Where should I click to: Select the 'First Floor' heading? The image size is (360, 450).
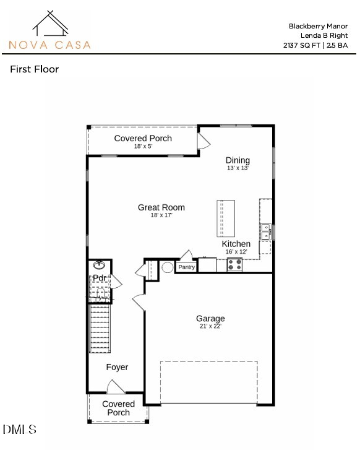[35, 69]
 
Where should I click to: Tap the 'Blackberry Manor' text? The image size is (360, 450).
[318, 26]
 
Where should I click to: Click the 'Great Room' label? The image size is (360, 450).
[161, 208]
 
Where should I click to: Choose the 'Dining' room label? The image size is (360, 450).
[238, 160]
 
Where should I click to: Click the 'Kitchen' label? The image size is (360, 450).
[236, 244]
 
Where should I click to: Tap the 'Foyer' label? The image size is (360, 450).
[117, 367]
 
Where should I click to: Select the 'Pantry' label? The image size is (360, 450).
[186, 267]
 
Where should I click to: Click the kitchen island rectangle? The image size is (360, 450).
[226, 218]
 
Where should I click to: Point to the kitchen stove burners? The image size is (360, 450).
[235, 264]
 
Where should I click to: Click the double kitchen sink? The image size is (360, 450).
[266, 231]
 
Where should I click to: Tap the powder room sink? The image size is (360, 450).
[99, 266]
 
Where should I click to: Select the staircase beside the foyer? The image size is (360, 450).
[99, 328]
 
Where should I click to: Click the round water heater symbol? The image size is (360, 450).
[166, 268]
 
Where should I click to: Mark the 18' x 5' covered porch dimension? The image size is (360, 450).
[143, 147]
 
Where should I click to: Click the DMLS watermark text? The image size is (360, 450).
[20, 429]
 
